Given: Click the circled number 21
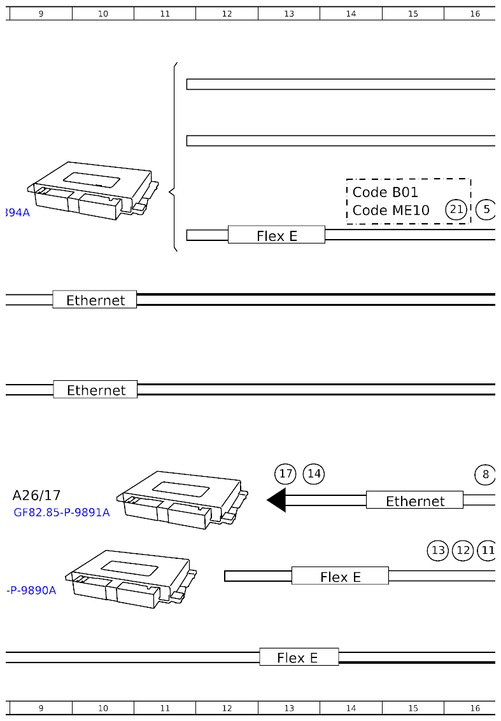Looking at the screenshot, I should point(456,209).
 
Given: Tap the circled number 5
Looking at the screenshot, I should point(486,209).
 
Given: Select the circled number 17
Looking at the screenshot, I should point(285,474).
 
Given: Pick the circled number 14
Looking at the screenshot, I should point(314,474).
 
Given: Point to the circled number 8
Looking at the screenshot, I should point(485,474).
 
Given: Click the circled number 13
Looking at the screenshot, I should point(438,550).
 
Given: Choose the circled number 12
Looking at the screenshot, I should point(463,550).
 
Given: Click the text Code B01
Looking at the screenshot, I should point(385,192).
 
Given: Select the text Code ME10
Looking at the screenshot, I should point(391,210).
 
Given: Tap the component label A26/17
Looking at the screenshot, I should point(36,495).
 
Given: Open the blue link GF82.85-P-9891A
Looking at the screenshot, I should point(62,512).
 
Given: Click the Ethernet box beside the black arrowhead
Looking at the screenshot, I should point(414,500).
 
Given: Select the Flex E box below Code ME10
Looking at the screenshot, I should point(276,235).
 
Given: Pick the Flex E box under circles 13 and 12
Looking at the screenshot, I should point(340,576).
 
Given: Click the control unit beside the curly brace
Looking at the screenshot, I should point(92,191).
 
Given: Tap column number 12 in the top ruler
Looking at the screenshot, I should point(227,14).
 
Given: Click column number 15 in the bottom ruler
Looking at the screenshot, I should point(413,708).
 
